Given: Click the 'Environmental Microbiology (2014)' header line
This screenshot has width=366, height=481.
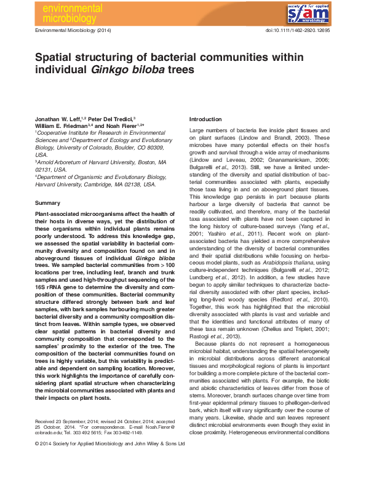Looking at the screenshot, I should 74,30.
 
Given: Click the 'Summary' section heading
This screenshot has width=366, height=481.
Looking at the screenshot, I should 47,202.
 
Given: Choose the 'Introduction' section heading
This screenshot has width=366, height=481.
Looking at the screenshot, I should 205,119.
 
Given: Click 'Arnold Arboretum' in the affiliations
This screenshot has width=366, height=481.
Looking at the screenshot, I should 60,162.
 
